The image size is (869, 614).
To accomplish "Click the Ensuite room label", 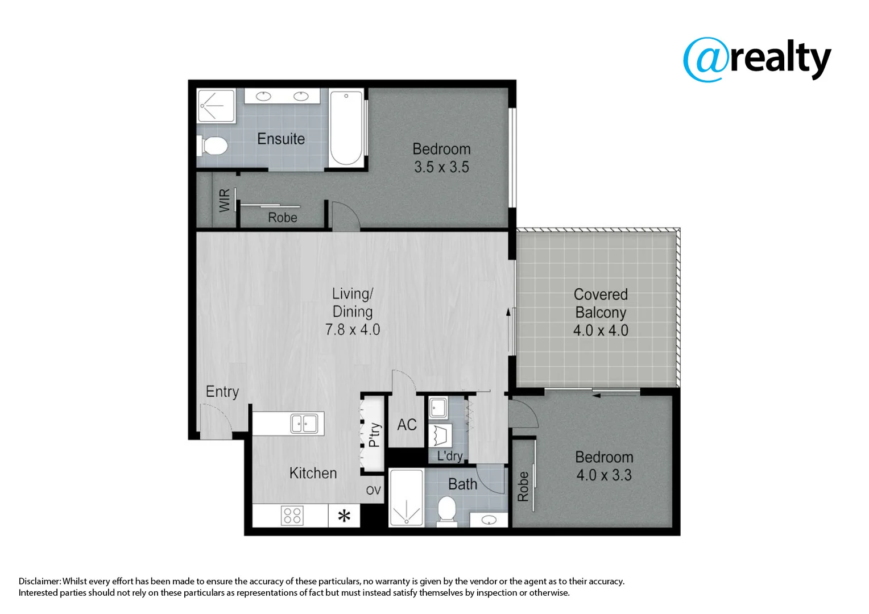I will pos(280,139).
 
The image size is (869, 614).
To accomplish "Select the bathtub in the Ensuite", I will pos(346,128).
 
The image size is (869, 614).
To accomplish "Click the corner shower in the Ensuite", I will pos(216,106).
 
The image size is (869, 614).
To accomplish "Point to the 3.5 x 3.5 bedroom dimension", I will pos(441,167).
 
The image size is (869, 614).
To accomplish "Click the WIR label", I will pos(225,201).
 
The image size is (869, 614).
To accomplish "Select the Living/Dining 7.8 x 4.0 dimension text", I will pos(353,330).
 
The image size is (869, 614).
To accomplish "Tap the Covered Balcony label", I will pos(601,304).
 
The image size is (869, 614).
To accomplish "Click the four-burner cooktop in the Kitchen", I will pos(292,516).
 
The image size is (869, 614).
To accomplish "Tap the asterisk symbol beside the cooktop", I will pos(344,516).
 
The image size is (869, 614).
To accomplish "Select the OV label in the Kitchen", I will pos(373,491).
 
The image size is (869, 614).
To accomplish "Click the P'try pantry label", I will pos(374,435).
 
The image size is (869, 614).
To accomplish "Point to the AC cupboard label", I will pos(407,425).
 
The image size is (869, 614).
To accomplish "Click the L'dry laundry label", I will pos(449,456).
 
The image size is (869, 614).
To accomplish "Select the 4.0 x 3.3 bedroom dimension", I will pos(603,475).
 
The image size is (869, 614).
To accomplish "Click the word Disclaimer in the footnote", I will pos(39,581).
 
